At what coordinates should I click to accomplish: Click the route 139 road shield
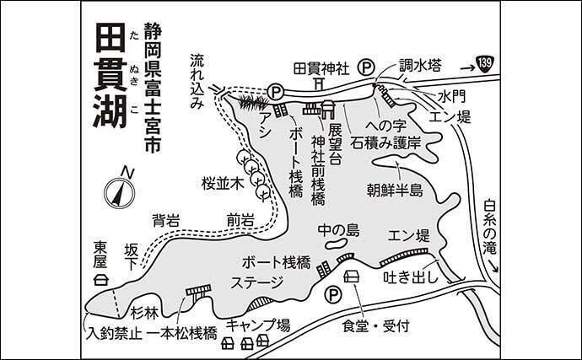(x=485, y=64)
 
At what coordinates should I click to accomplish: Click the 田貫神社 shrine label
(x=321, y=68)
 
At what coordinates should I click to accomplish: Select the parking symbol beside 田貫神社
(x=366, y=67)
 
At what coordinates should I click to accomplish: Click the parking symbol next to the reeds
(x=275, y=91)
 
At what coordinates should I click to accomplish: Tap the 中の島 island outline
(x=336, y=243)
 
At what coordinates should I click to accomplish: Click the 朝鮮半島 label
(x=396, y=190)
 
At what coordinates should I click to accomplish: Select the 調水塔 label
(x=420, y=66)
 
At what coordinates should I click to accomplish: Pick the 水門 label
(x=451, y=97)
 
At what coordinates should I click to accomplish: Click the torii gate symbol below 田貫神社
(x=319, y=83)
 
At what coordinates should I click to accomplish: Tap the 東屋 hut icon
(x=100, y=279)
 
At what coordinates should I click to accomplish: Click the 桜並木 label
(x=223, y=184)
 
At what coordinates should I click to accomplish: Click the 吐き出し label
(x=411, y=277)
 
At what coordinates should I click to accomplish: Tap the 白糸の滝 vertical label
(x=490, y=227)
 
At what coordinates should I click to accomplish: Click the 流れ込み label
(x=197, y=82)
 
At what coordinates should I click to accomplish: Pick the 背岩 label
(x=166, y=221)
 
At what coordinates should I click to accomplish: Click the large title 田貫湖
(x=110, y=75)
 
